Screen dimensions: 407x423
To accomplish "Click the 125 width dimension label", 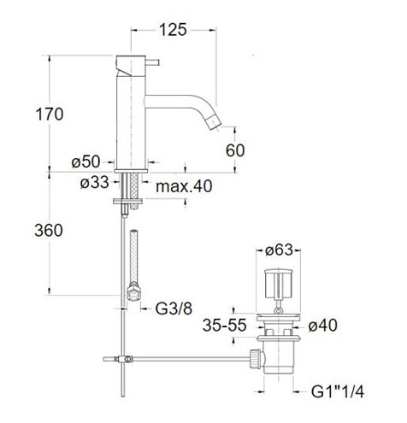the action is tap(173, 30).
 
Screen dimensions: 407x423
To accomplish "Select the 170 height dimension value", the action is tap(50, 115).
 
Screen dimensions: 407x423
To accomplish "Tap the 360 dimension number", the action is tap(49, 230).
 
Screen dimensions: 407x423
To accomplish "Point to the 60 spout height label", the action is tap(235, 150).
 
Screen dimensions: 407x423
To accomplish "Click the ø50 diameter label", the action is tap(86, 162).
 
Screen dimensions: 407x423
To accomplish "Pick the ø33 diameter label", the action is tap(95, 182).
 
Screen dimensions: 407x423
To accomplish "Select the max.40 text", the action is tap(184, 186).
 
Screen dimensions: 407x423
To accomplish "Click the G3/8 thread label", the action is tap(174, 308).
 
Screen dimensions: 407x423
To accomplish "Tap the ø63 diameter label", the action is tap(279, 250).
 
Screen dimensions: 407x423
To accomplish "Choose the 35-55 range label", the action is tap(224, 325).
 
